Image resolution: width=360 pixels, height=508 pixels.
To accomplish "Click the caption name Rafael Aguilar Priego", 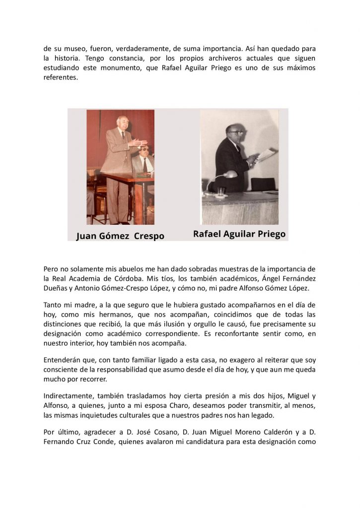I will coord(239,234).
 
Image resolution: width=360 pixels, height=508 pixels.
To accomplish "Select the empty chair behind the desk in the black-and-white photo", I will coord(263,184).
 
